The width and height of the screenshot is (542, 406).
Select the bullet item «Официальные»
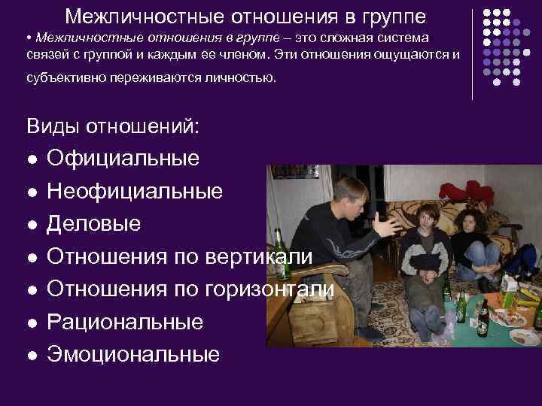coord(123,159)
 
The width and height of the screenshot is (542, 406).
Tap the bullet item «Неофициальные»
coord(135,192)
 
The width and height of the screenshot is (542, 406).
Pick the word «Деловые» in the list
coord(93,224)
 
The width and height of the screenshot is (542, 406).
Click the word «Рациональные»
coord(125,322)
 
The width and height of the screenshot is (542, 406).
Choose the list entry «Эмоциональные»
coord(133,354)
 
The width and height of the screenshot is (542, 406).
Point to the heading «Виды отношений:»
coord(113,126)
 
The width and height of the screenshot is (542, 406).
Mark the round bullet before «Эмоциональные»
coord(32,355)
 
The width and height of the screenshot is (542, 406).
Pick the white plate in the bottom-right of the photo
coord(525,337)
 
